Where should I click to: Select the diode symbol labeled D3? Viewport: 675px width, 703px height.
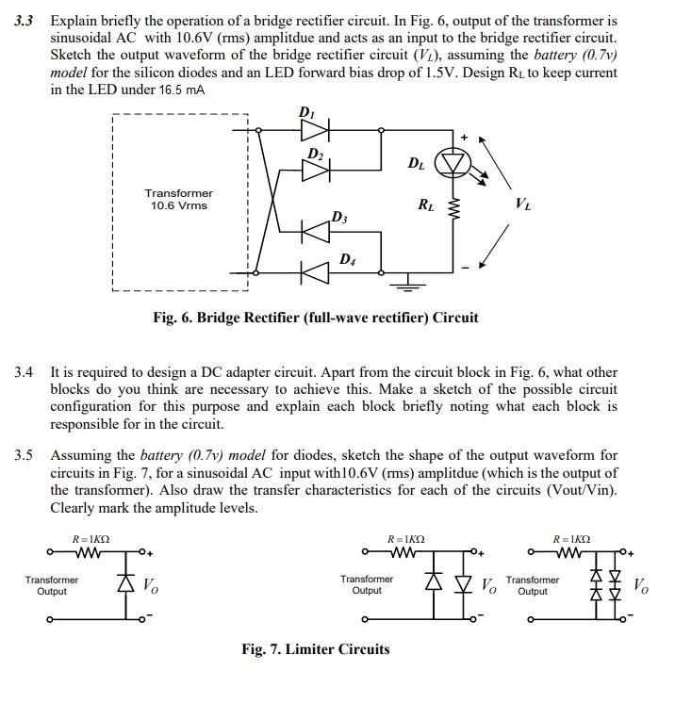tap(315, 228)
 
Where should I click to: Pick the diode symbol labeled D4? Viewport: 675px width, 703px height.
tap(315, 270)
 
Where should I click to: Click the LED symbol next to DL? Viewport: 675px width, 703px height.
tap(456, 163)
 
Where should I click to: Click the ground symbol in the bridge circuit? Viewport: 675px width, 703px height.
tap(410, 280)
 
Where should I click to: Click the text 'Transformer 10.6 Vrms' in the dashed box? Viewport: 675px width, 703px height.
tap(179, 200)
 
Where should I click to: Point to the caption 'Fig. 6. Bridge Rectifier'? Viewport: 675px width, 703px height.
tap(315, 318)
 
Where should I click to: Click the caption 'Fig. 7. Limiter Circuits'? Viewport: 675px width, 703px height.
tap(315, 649)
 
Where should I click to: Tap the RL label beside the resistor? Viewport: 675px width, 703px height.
tap(425, 205)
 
